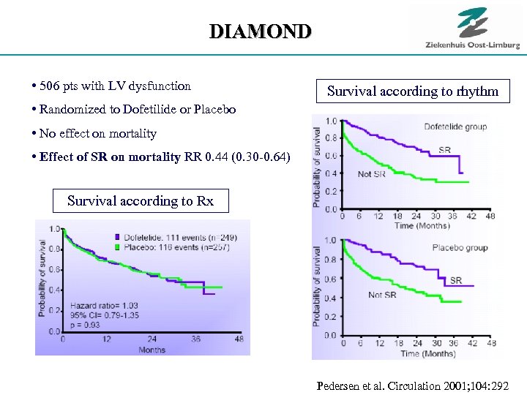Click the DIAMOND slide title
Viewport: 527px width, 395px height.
[x=260, y=31]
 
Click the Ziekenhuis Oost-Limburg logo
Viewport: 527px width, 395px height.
[x=472, y=29]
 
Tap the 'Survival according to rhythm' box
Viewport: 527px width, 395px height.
[x=412, y=91]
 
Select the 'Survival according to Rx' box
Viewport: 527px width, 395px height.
[x=141, y=200]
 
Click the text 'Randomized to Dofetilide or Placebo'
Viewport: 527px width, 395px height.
[x=137, y=110]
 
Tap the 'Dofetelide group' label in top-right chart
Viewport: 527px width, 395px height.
[x=455, y=127]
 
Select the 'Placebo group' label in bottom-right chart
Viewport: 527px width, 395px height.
[x=459, y=247]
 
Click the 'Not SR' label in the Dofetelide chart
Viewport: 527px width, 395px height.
[x=371, y=174]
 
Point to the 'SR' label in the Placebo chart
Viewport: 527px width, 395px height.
[x=455, y=280]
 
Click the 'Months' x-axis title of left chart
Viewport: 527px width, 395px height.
[x=152, y=350]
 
